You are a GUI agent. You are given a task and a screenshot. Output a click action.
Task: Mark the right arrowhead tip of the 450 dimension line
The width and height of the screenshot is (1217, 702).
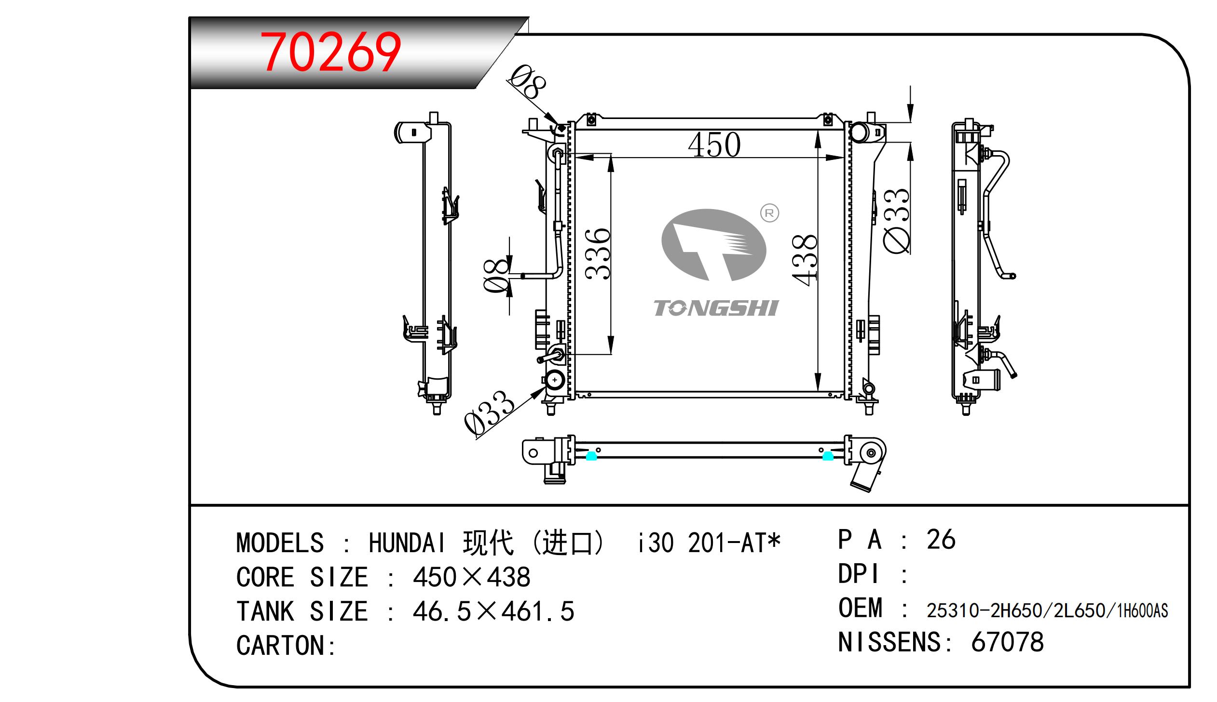(x=844, y=157)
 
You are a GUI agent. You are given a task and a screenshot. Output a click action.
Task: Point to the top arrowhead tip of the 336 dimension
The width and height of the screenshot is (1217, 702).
(x=611, y=155)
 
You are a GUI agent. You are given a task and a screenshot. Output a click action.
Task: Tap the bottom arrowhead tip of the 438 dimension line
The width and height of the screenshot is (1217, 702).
(x=818, y=391)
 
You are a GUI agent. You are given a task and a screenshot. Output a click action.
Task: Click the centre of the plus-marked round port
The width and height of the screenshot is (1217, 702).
(x=555, y=380)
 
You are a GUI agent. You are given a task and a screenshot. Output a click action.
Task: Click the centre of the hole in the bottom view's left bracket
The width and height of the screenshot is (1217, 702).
(x=533, y=453)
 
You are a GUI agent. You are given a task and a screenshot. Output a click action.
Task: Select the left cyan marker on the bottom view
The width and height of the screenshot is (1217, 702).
(x=591, y=456)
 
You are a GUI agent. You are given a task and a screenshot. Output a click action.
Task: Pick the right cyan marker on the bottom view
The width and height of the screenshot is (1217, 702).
(x=828, y=456)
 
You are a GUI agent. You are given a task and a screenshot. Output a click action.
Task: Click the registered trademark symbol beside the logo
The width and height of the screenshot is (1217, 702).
(x=769, y=212)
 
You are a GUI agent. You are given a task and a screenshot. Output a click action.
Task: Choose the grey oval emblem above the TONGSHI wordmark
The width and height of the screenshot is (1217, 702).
(x=714, y=244)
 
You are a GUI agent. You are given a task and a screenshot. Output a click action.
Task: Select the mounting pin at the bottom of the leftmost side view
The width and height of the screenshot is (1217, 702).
(x=437, y=408)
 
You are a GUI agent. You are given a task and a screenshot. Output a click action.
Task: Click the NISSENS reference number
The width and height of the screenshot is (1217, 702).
(x=1008, y=642)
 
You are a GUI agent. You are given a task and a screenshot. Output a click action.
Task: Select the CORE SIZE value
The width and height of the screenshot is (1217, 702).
(x=471, y=577)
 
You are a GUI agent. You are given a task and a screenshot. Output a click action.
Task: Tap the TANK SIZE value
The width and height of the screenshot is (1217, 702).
(x=493, y=611)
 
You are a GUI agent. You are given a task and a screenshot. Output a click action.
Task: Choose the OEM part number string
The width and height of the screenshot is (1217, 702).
(x=1047, y=610)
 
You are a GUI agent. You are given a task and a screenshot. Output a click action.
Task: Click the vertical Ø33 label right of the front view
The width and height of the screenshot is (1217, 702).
(x=897, y=221)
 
